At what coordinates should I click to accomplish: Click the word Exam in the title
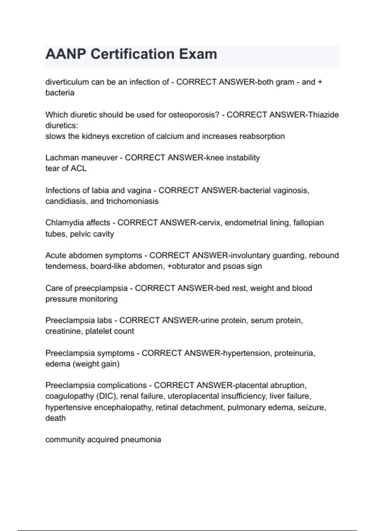pyautogui.click(x=198, y=54)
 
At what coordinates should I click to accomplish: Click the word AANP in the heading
pyautogui.click(x=66, y=54)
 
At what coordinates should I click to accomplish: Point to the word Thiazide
pyautogui.click(x=323, y=115)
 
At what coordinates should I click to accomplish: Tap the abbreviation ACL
pyautogui.click(x=78, y=169)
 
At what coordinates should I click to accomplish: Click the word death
pyautogui.click(x=56, y=418)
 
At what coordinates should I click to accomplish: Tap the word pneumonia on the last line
pyautogui.click(x=141, y=440)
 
